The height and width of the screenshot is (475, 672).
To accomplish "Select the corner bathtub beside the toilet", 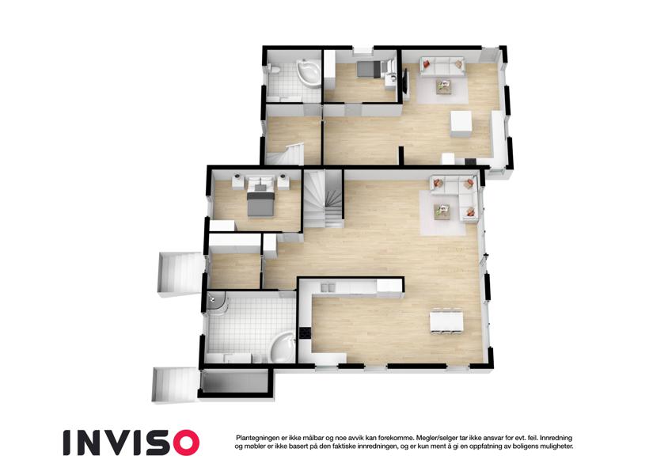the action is pyautogui.click(x=309, y=74).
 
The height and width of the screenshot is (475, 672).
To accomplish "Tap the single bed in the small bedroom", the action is pyautogui.click(x=368, y=69).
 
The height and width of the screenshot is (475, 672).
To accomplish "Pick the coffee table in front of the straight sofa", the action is pyautogui.click(x=444, y=85).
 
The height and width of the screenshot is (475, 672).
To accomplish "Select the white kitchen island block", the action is pyautogui.click(x=461, y=123).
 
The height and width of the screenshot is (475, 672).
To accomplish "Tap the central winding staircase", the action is pyautogui.click(x=325, y=199).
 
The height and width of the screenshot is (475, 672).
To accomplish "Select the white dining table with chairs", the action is pyautogui.click(x=446, y=320).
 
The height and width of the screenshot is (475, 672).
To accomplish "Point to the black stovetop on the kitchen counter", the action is pyautogui.click(x=306, y=333).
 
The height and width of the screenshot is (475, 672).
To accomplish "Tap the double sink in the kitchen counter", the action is pyautogui.click(x=327, y=287).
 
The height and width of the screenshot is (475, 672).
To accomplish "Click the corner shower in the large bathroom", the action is pyautogui.click(x=218, y=303).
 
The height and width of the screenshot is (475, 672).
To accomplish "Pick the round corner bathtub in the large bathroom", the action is pyautogui.click(x=283, y=348).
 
